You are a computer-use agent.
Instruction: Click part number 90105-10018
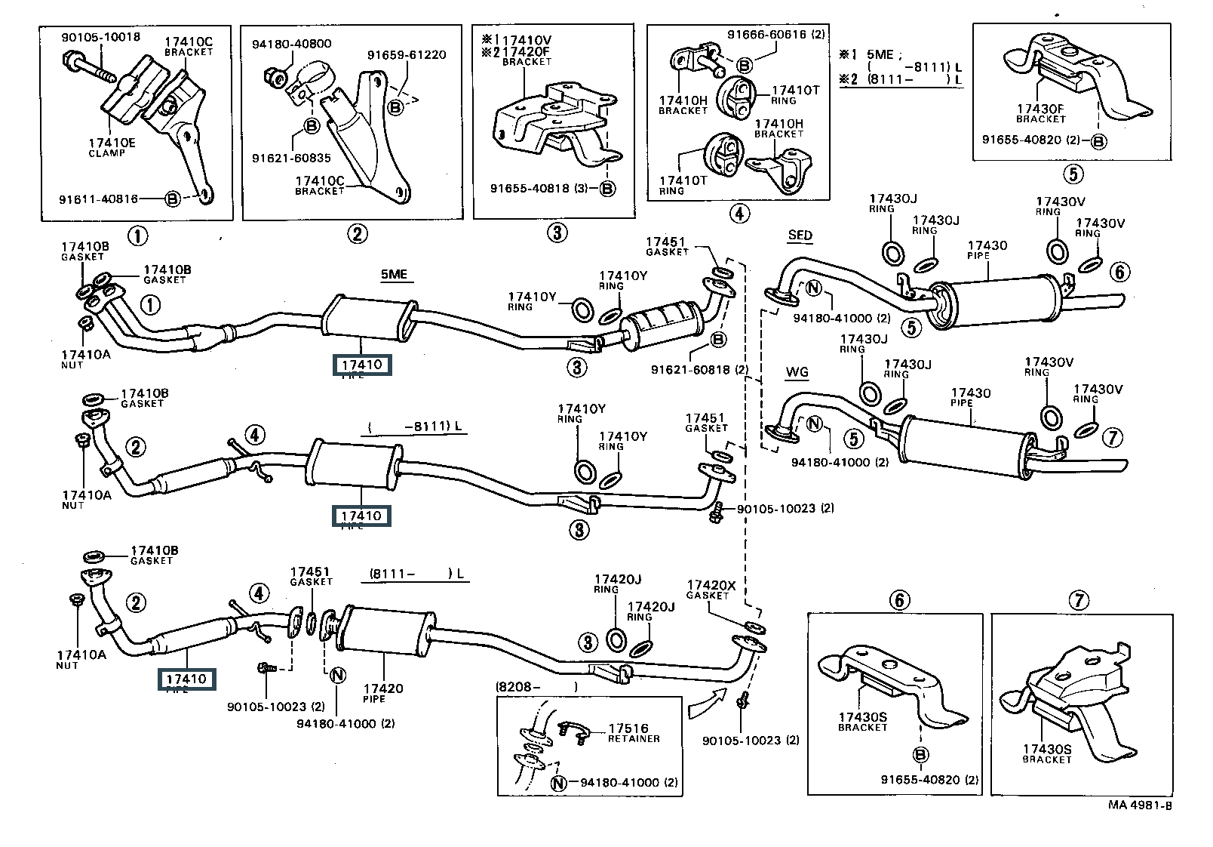pyautogui.click(x=100, y=36)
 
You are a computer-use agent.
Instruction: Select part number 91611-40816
pyautogui.click(x=99, y=199)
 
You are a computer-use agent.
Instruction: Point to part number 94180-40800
pyautogui.click(x=291, y=44)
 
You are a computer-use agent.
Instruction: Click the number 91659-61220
pyautogui.click(x=407, y=55)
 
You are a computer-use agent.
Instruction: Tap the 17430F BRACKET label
pyautogui.click(x=1040, y=113)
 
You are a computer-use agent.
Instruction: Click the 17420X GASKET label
pyautogui.click(x=711, y=589)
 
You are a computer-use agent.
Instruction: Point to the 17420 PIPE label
pyautogui.click(x=382, y=692)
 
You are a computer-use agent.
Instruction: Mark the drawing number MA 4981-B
pyautogui.click(x=1140, y=805)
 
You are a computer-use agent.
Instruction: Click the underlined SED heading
pyautogui.click(x=800, y=235)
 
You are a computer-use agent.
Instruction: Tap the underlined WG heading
pyautogui.click(x=797, y=371)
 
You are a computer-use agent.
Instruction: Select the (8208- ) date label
pyautogui.click(x=536, y=687)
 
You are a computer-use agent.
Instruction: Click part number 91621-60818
pyautogui.click(x=699, y=369)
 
